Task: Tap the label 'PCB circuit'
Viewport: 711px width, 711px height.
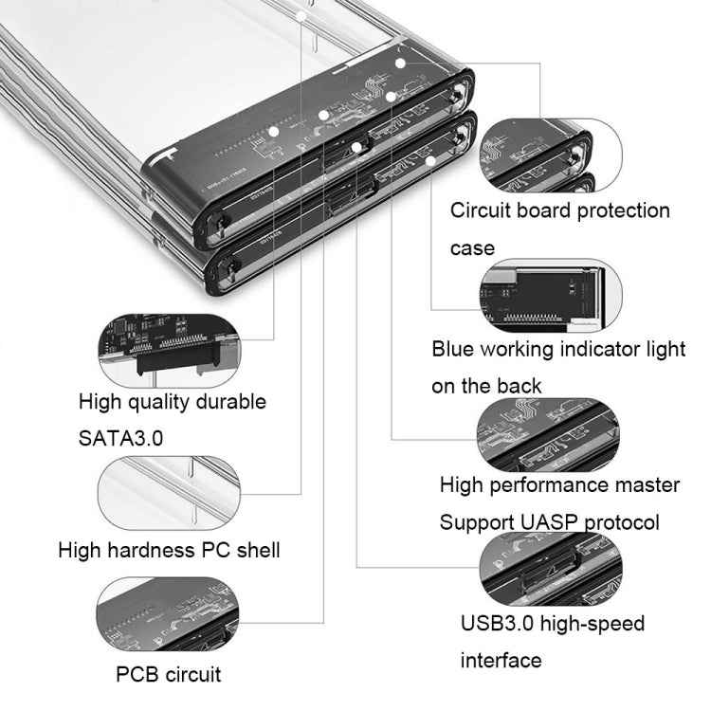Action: pos(169,675)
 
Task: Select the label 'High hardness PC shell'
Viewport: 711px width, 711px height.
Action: pos(169,550)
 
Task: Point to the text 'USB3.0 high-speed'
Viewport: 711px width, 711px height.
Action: pos(553,624)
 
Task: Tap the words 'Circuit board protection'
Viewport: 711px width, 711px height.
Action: pos(560,210)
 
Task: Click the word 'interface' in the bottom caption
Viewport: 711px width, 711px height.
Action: pos(501,660)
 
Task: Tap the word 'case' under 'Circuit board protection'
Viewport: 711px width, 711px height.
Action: pos(472,248)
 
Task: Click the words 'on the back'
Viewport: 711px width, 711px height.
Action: pos(486,386)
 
